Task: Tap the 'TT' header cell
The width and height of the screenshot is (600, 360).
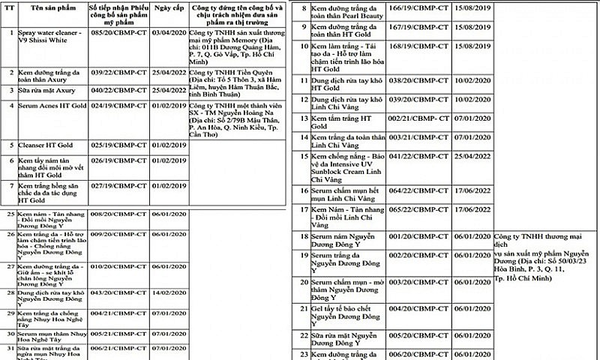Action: click(x=8, y=7)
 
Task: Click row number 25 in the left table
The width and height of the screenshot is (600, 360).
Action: click(x=8, y=214)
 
